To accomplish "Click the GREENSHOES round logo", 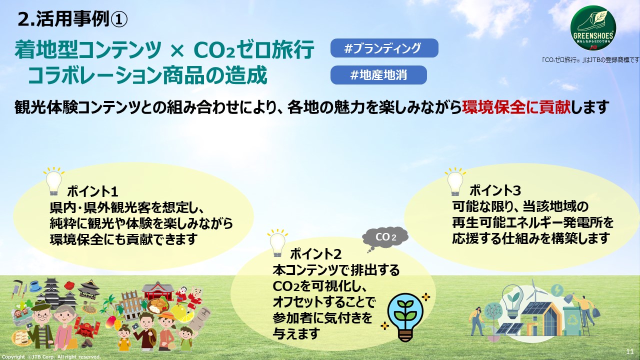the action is (593, 29).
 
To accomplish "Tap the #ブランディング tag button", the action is (384, 48).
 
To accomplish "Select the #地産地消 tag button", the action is (378, 75).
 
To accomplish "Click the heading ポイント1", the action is (92, 191).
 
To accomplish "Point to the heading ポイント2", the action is (315, 254).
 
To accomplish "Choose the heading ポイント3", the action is (495, 190).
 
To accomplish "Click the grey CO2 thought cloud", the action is (385, 238).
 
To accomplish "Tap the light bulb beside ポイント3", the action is (455, 182).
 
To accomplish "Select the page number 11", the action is (629, 351).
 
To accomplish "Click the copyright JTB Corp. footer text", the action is (51, 357).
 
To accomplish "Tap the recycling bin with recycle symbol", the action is (571, 321).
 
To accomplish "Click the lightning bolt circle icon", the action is (556, 290).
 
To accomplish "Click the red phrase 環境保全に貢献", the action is (516, 107).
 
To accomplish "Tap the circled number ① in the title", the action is (118, 19).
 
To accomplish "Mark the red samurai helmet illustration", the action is (87, 331).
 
